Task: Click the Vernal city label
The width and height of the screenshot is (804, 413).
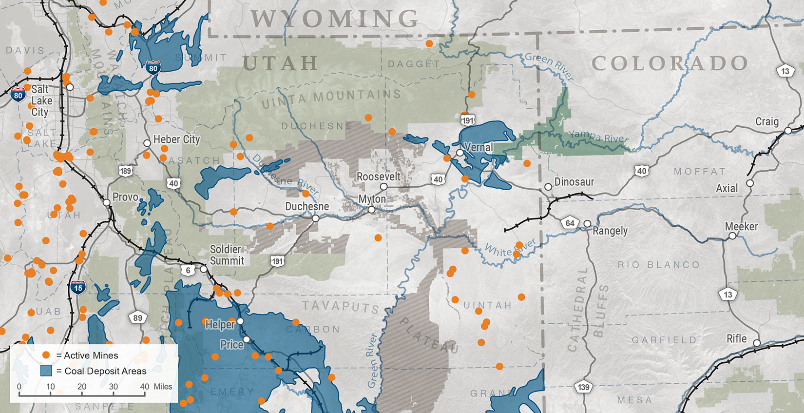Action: [x=479, y=147]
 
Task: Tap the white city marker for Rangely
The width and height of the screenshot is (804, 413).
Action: [x=587, y=224]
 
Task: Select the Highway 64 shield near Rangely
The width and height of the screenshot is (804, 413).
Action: [x=570, y=223]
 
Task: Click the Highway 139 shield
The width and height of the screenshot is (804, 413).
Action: [x=583, y=387]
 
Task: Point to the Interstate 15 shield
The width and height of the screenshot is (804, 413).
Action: [x=78, y=288]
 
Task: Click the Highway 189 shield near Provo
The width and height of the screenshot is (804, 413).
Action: [x=125, y=171]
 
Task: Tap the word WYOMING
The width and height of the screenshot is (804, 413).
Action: [x=334, y=19]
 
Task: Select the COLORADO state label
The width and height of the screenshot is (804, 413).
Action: [x=670, y=63]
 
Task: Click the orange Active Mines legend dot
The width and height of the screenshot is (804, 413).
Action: [x=46, y=355]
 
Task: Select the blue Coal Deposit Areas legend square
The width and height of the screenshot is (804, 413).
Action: [x=46, y=371]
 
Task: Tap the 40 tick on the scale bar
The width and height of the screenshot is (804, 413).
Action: [x=145, y=387]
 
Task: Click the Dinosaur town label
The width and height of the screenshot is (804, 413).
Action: [x=574, y=182]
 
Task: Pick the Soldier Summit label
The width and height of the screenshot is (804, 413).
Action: [x=226, y=255]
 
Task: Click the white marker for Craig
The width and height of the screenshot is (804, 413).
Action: [x=788, y=131]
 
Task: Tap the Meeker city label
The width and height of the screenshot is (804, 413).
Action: [x=741, y=226]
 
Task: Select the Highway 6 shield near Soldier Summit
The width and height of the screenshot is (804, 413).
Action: [x=188, y=270]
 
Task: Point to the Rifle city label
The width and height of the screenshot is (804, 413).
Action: [x=736, y=338]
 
